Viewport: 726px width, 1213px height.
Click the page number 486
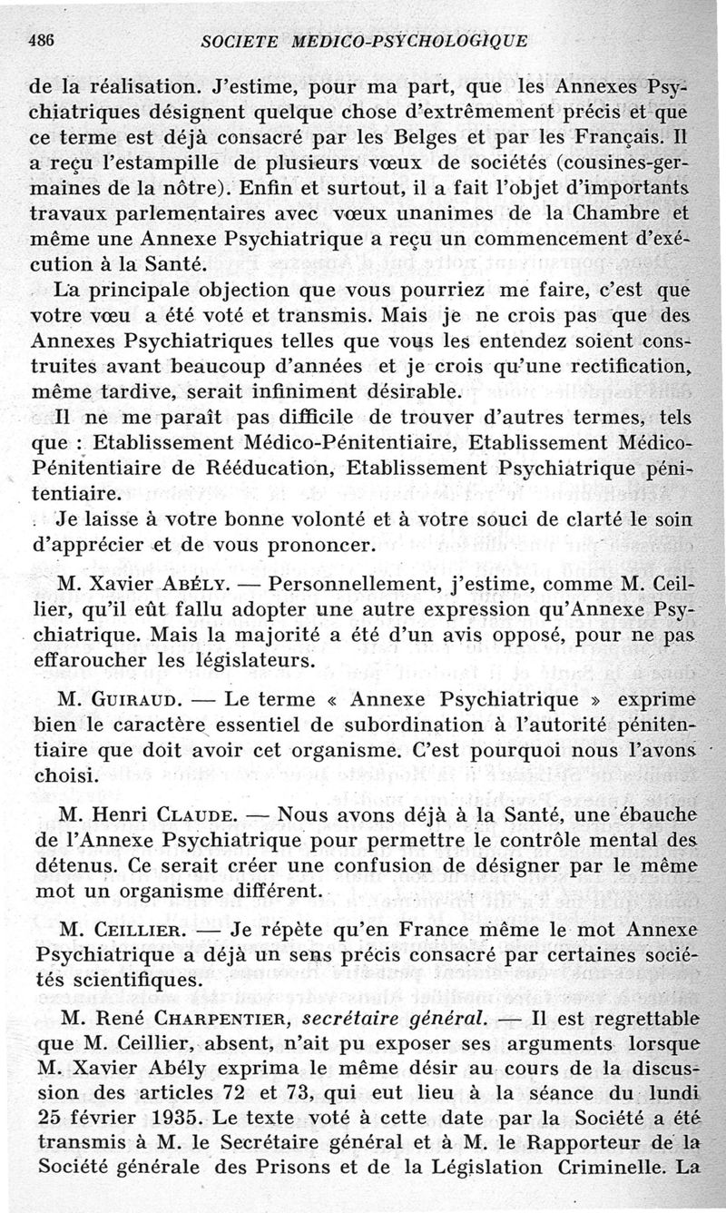[43, 40]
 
